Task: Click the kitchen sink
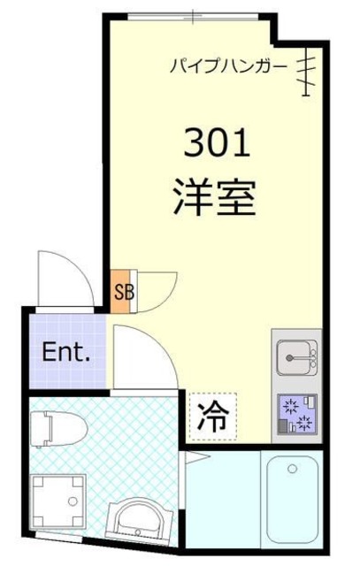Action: pos(294,361)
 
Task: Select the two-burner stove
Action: pos(294,413)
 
